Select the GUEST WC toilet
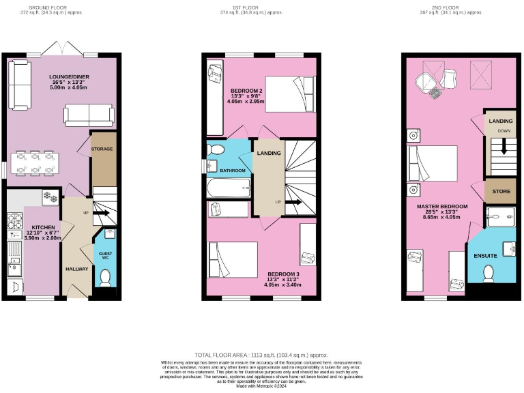[104, 278]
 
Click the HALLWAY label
[76, 269]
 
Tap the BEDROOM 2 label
[246, 91]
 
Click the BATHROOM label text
[232, 170]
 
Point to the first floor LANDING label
[269, 153]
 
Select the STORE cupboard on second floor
[501, 191]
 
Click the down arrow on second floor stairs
[504, 146]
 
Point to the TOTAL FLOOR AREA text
[262, 355]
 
